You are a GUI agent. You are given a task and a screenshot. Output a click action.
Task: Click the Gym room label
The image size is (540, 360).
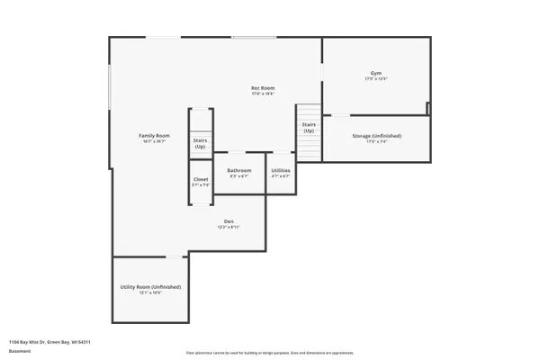[x=375, y=73]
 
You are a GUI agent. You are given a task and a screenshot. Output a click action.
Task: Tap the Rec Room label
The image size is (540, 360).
[x=262, y=87]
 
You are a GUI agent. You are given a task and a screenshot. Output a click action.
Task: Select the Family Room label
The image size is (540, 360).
[x=154, y=135]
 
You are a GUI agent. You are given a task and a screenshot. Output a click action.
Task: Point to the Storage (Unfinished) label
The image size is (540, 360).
[x=376, y=136]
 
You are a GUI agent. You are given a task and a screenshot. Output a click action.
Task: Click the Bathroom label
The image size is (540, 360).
[x=238, y=170]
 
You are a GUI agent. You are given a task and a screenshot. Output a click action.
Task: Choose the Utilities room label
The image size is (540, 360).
[x=281, y=170]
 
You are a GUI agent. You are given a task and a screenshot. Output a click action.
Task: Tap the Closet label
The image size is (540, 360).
[x=201, y=179]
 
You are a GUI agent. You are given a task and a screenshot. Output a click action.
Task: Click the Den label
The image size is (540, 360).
[x=229, y=220]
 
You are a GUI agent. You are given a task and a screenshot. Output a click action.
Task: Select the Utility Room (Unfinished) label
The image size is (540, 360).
[x=150, y=286]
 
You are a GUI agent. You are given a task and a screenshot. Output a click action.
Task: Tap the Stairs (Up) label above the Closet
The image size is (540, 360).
[x=201, y=143]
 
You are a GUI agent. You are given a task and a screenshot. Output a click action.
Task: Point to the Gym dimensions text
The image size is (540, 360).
[x=375, y=79]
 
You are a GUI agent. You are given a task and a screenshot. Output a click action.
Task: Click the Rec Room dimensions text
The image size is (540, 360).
[x=262, y=94]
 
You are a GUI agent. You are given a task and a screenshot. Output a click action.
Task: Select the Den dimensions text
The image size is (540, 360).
[x=229, y=227]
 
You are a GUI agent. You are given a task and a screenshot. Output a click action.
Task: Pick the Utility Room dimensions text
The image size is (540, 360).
[x=150, y=292]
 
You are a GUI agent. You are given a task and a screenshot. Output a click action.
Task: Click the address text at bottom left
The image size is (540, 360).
[x=49, y=342]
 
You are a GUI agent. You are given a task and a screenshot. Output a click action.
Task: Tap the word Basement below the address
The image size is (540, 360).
[x=19, y=351]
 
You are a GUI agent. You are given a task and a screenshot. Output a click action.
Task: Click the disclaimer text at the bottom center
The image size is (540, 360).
[x=270, y=354]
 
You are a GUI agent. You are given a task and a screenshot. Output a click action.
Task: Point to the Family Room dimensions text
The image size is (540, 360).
[x=154, y=141]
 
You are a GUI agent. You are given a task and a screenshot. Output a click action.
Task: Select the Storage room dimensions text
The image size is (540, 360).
[x=376, y=142]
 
